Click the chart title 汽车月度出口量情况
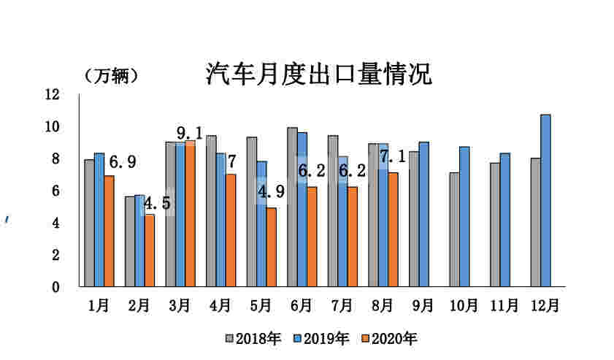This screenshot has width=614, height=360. [x=318, y=74]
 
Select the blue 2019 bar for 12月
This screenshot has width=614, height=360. [x=545, y=200]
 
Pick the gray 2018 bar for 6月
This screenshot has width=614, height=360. [x=292, y=207]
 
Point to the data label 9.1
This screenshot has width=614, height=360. [x=189, y=133]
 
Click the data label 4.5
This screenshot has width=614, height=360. [x=157, y=203]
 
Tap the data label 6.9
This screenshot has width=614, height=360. [x=123, y=161]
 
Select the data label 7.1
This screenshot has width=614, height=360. [x=393, y=157]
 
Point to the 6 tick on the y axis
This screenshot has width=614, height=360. [x=55, y=191]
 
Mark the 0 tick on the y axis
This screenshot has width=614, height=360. [x=55, y=287]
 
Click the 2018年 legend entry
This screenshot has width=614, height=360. [x=254, y=339]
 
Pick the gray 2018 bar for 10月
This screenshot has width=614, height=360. [x=454, y=229]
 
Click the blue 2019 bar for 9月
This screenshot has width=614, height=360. [x=424, y=214]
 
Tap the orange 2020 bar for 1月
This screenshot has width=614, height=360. [x=109, y=231]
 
